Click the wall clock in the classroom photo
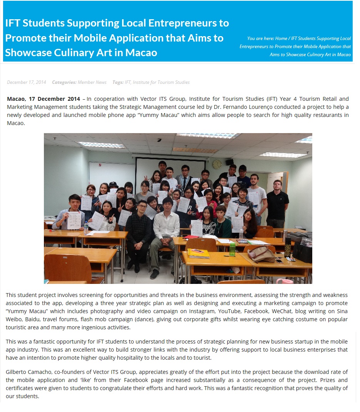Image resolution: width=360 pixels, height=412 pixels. click(217, 164)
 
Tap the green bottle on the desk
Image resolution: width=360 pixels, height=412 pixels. click(232, 249)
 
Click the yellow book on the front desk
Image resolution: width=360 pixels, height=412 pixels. click(198, 253)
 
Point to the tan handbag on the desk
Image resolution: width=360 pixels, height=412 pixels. click(261, 254)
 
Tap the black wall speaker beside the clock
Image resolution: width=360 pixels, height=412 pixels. click(229, 162)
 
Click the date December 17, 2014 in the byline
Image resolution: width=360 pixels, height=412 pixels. click(26, 82)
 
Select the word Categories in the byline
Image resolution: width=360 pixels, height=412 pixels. click(64, 82)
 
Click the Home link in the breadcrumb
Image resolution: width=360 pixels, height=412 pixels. click(281, 38)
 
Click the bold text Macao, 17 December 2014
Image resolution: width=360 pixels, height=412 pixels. click(44, 99)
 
